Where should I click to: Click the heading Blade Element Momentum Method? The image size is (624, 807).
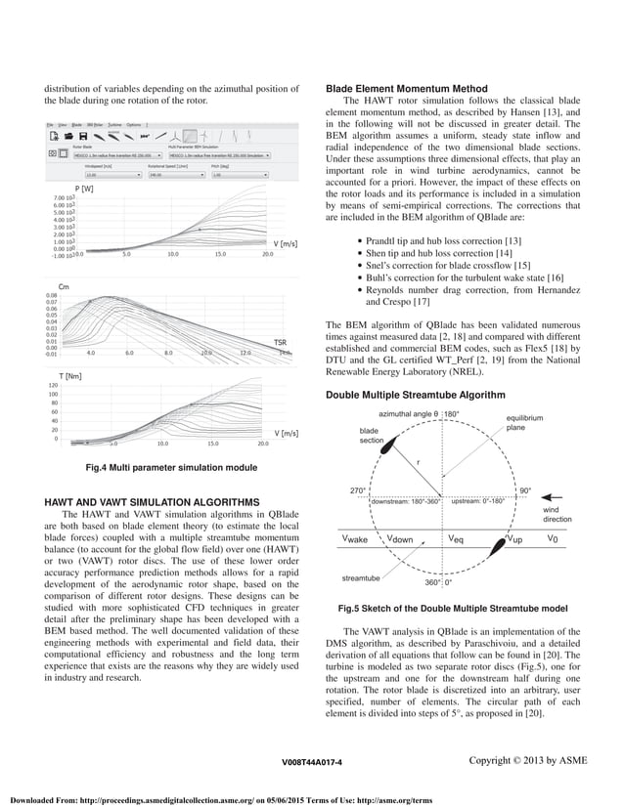[x=406, y=90]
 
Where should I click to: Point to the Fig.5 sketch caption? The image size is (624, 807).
[x=453, y=609]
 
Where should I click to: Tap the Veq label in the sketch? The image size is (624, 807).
[x=456, y=538]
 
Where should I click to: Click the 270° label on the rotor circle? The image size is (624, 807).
[x=358, y=490]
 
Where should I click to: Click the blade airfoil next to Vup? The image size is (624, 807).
[x=509, y=538]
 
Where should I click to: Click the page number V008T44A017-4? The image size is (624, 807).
[x=311, y=761]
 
